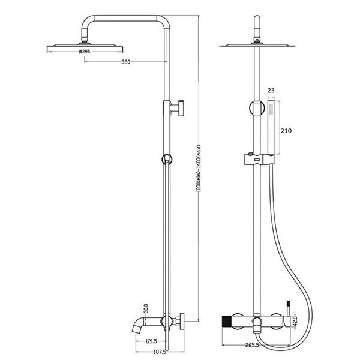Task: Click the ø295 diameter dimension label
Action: tap(85, 52)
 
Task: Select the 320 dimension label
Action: tap(125, 62)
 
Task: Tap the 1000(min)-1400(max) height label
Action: tap(199, 168)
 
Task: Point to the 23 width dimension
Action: tap(271, 91)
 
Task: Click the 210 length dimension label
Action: tap(286, 131)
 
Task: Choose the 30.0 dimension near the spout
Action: tap(146, 308)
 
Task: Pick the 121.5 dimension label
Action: tap(151, 341)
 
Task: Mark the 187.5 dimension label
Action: tap(160, 352)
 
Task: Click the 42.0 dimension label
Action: tap(295, 321)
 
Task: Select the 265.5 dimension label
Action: tap(252, 345)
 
